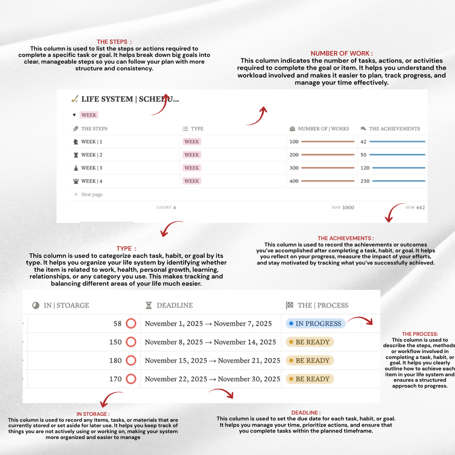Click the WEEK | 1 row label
pos(92,142)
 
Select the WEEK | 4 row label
pos(92,181)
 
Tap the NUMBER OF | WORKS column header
pos(323,129)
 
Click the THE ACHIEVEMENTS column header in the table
pos(394,129)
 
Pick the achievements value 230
pos(365,181)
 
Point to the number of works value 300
pos(294,168)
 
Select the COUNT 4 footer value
pos(167,208)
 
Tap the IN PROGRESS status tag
pos(315,323)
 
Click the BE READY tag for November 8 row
pos(310,342)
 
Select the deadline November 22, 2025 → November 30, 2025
pos(212,379)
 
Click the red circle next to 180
pos(131,360)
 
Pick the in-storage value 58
pos(117,324)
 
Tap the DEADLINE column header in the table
pos(174,305)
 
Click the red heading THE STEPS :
pos(114,42)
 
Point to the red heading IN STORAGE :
pos(93,414)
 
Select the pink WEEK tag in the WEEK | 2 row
pos(192,155)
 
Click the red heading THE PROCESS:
pos(420,334)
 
